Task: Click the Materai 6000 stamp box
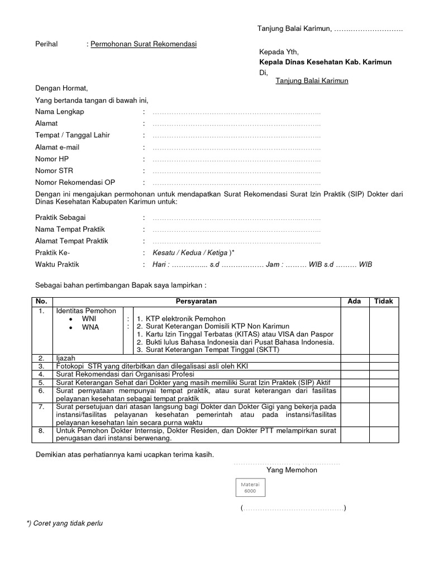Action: [x=249, y=487]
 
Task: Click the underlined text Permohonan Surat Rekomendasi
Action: [x=144, y=44]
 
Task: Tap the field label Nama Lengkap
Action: [x=60, y=112]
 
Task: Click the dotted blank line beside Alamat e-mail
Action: [x=236, y=147]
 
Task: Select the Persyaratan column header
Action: [x=197, y=301]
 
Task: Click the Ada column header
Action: [x=354, y=301]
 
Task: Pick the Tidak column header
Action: [x=383, y=301]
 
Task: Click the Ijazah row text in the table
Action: [x=65, y=358]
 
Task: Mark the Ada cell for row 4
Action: [x=354, y=374]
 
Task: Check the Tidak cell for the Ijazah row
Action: [x=383, y=358]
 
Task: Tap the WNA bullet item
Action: [x=90, y=327]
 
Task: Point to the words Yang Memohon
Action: [x=292, y=470]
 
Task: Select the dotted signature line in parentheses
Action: [x=293, y=508]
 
